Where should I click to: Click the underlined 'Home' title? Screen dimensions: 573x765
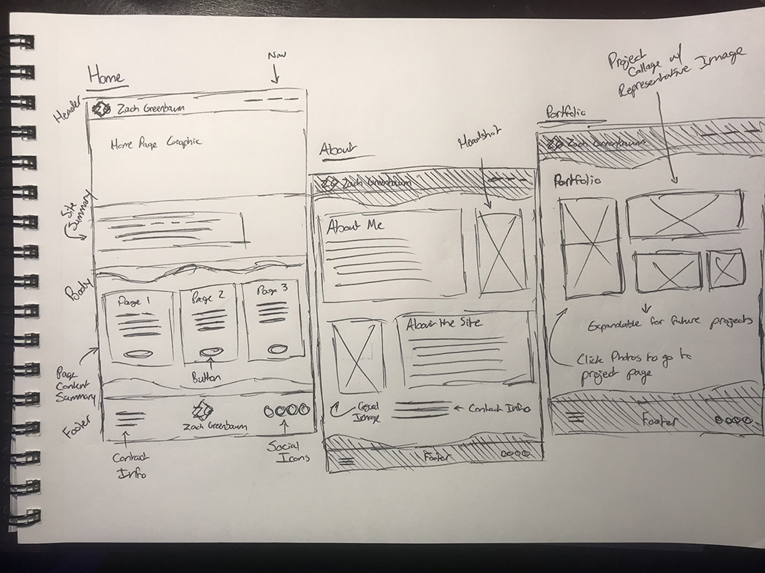click(106, 75)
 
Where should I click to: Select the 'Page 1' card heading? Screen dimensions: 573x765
click(134, 302)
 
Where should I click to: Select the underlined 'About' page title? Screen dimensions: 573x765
click(336, 149)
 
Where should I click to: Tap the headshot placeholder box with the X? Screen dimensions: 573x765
click(499, 251)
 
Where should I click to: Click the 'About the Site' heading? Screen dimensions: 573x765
click(444, 323)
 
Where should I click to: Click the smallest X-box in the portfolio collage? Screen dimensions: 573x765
click(726, 269)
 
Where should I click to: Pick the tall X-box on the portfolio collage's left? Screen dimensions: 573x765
click(589, 246)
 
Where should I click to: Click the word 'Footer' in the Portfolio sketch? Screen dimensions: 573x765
click(659, 421)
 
